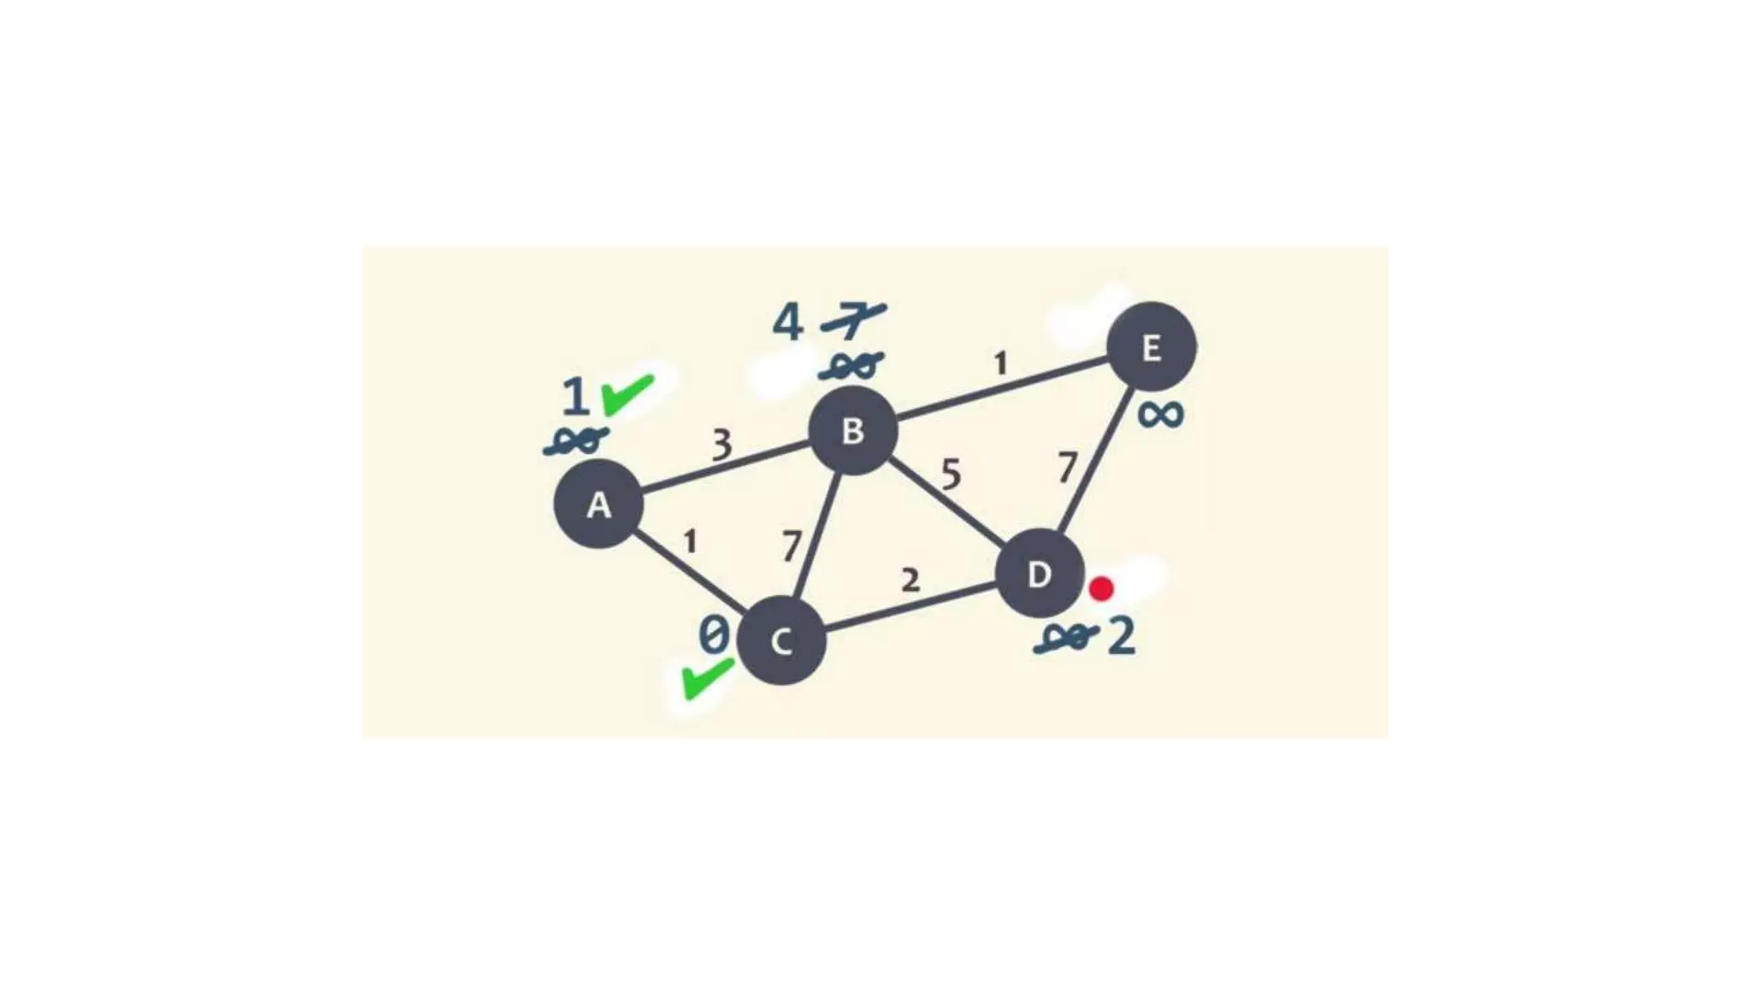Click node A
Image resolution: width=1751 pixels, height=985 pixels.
click(x=598, y=504)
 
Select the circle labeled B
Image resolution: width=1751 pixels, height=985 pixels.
click(x=852, y=431)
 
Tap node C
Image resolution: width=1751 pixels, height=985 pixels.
click(x=781, y=640)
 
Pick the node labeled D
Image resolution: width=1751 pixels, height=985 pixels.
click(x=1040, y=574)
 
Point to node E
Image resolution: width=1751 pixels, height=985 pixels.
click(x=1151, y=347)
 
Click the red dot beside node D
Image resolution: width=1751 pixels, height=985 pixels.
click(x=1101, y=588)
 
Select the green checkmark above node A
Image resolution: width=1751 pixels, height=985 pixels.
click(x=628, y=394)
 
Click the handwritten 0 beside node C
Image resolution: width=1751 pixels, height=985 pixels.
click(x=714, y=635)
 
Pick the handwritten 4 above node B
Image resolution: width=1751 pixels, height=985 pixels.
click(x=787, y=323)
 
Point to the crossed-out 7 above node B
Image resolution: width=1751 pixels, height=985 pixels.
click(x=852, y=321)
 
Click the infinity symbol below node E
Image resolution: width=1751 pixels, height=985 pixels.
click(x=1160, y=415)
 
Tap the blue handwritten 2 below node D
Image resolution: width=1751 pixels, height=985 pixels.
click(x=1122, y=636)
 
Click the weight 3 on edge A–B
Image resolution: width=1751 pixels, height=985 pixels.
click(x=722, y=445)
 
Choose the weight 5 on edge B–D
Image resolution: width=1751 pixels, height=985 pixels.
click(x=951, y=474)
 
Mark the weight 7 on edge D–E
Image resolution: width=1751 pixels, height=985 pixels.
click(x=1066, y=468)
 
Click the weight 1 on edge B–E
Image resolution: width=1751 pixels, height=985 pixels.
click(x=1000, y=364)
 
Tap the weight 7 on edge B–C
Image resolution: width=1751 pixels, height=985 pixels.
click(x=793, y=546)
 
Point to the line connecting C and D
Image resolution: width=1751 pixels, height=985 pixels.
click(x=911, y=609)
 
